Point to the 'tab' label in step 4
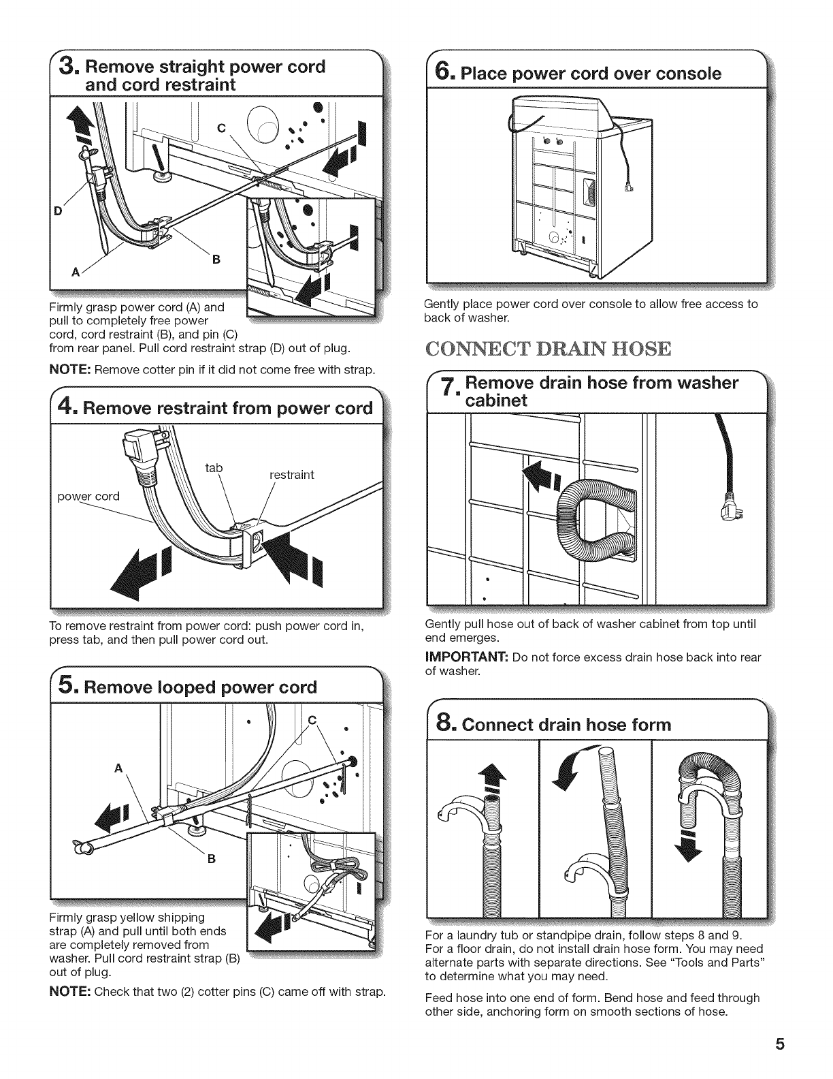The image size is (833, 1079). pos(214,468)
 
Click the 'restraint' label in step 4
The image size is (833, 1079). pos(292,475)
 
